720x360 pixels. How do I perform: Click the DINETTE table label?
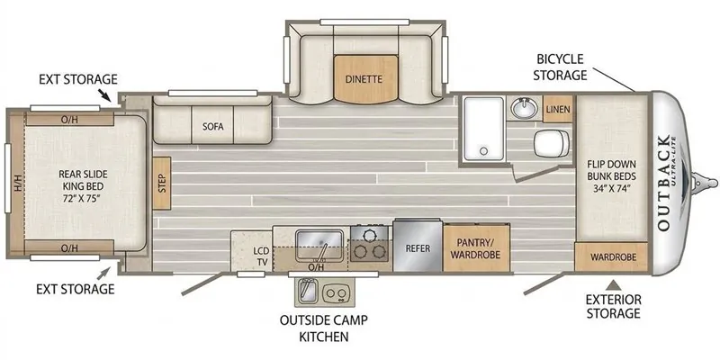coord(364,79)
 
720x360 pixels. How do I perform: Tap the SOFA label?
coord(213,126)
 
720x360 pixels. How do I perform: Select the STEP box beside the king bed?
coord(162,184)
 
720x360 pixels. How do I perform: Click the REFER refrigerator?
coord(418,247)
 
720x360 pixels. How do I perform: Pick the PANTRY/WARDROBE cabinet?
coord(476,248)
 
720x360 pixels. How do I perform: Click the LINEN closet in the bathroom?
coord(558,109)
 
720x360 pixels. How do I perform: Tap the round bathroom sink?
coord(525,108)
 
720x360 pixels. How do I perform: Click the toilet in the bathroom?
coord(552,142)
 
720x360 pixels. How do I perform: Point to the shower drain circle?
coord(482,150)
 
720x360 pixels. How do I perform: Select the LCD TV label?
coord(260,256)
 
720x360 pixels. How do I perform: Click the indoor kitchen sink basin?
coord(319,246)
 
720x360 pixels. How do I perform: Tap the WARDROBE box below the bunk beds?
coord(611,257)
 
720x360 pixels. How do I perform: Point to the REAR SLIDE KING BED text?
coord(83,187)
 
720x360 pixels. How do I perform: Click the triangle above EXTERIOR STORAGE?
coord(616,285)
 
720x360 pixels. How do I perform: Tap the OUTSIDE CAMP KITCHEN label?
coord(324,328)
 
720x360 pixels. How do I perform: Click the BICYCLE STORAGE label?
coord(560,67)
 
